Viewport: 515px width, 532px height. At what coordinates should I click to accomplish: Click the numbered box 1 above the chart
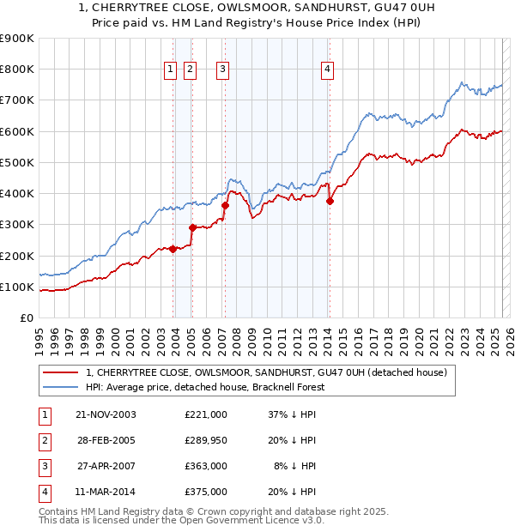[x=170, y=70]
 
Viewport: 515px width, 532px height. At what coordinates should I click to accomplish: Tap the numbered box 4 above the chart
[x=328, y=70]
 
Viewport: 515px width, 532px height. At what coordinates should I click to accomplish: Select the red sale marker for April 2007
[x=225, y=205]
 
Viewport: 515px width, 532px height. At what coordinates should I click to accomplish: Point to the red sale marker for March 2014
[x=330, y=202]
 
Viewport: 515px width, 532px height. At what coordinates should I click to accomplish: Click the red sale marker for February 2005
[x=192, y=227]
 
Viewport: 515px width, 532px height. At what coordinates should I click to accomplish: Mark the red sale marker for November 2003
[x=173, y=249]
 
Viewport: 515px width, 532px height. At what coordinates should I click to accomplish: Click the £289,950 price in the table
[x=206, y=440]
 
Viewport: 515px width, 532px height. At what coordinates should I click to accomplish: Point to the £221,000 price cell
[x=206, y=414]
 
